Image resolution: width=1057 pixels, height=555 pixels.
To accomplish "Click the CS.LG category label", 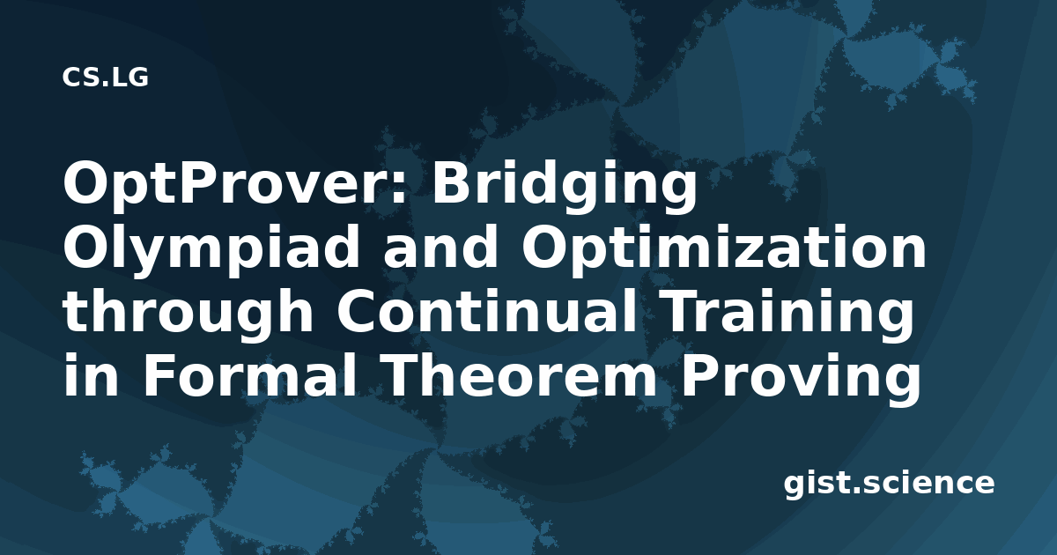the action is coord(105,77).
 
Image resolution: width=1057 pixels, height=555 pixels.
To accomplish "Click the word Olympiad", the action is coord(210,248).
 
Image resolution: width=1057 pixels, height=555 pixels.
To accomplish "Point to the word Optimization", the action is coord(723,248).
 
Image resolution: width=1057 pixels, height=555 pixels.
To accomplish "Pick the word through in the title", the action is coord(188,313).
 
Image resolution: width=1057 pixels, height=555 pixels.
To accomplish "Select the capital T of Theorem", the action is coord(408,374).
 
